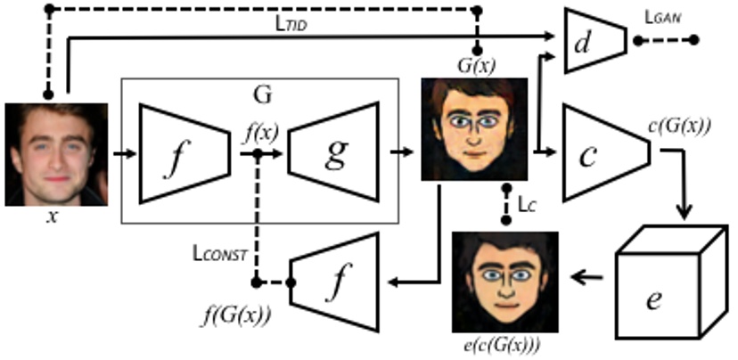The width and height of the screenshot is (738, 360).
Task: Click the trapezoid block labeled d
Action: pos(596,41)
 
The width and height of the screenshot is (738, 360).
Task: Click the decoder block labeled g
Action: pos(340,151)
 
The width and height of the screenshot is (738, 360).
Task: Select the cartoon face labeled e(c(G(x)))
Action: pos(505,282)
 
